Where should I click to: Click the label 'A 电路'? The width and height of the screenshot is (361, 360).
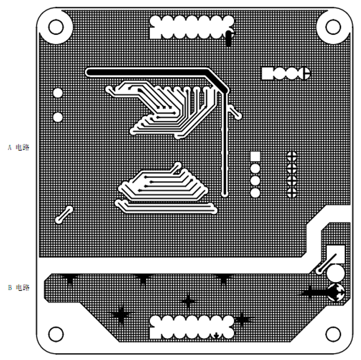click(x=18, y=147)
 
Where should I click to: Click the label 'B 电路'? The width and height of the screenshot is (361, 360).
click(x=18, y=287)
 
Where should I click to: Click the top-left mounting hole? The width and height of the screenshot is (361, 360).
click(x=56, y=27)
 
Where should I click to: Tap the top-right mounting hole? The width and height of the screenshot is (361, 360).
click(x=333, y=27)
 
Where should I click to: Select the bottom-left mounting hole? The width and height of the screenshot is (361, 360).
click(x=56, y=334)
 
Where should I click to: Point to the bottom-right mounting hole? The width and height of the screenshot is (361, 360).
click(x=333, y=334)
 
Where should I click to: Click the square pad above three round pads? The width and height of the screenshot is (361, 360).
click(x=255, y=156)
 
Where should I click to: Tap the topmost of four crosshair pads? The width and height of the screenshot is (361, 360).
click(x=292, y=156)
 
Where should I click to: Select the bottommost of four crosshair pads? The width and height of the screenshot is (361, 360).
click(x=292, y=193)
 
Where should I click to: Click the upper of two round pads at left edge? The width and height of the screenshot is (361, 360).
click(x=58, y=93)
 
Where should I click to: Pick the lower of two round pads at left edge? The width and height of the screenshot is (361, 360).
click(x=58, y=117)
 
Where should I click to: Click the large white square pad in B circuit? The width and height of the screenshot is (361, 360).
click(x=336, y=254)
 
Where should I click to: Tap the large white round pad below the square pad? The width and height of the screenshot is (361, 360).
click(x=336, y=273)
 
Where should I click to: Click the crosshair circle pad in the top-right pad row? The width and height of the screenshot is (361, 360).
click(x=306, y=74)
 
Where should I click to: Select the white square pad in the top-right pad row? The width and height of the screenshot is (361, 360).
click(x=268, y=74)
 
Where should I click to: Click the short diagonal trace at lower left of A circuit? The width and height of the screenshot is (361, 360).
click(x=64, y=214)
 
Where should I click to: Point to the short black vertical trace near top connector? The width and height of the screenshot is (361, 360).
click(x=228, y=38)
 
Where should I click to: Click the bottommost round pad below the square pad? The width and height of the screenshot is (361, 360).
click(x=255, y=193)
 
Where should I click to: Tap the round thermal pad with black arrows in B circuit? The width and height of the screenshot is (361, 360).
click(x=336, y=293)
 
